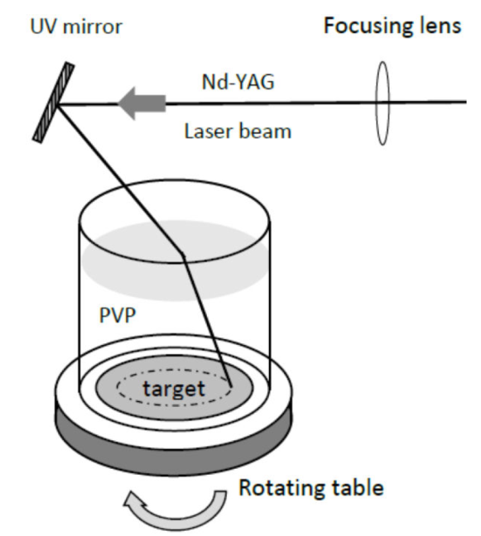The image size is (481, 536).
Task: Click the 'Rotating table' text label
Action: [x=310, y=487]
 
